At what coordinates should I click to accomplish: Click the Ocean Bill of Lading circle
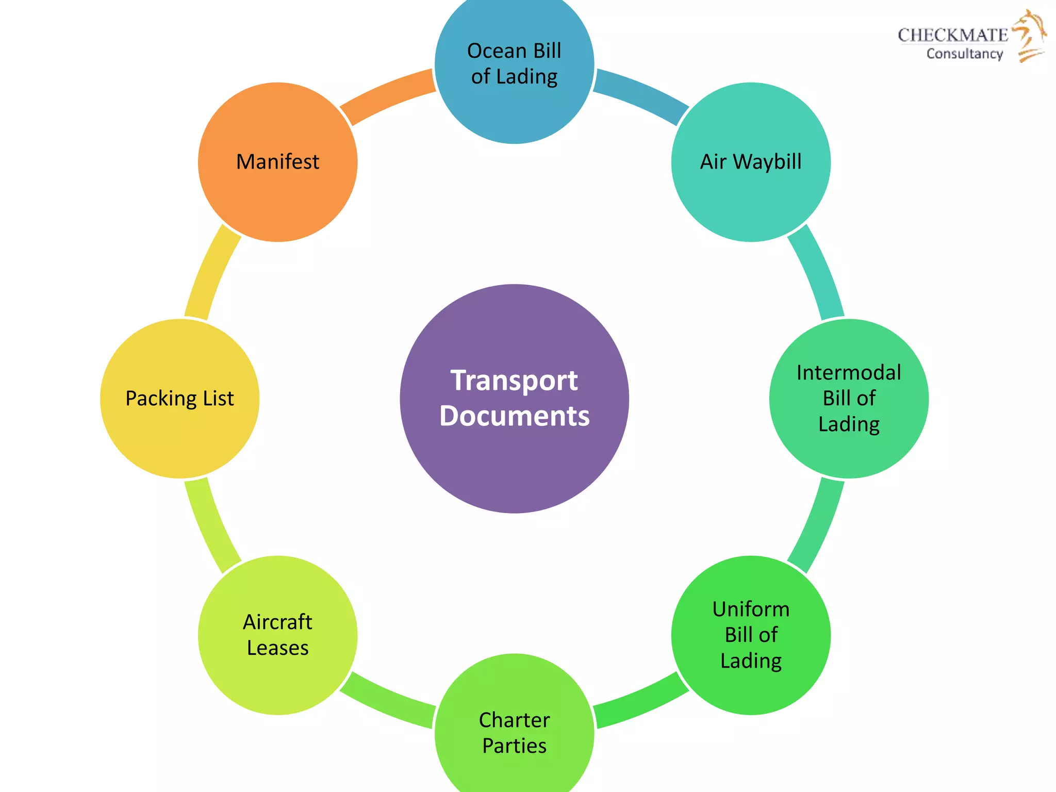click(x=514, y=64)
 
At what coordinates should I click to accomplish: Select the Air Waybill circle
click(x=751, y=162)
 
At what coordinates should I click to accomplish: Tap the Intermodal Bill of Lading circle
click(x=849, y=398)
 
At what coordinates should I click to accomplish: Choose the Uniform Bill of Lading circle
click(x=751, y=635)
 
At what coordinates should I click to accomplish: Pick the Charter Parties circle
click(x=514, y=732)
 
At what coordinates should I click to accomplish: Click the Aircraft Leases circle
click(x=277, y=635)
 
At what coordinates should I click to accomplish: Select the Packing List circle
click(x=179, y=398)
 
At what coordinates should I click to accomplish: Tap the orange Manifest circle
click(x=277, y=162)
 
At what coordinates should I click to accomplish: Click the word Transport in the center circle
click(x=514, y=381)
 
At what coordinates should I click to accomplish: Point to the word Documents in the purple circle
click(x=514, y=416)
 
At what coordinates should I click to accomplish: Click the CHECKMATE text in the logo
click(x=953, y=35)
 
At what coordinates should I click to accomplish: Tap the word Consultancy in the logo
click(x=964, y=54)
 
